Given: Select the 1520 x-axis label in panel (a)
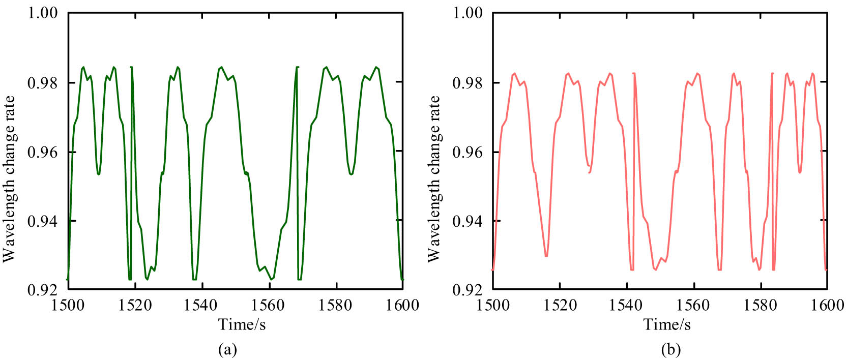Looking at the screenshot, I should pos(135,305).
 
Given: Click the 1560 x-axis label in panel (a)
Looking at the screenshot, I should pos(269,305).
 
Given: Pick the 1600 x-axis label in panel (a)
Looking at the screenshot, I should pos(402,305).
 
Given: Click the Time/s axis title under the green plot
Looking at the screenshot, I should pos(242,324).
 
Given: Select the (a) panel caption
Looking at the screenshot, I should pos(227,349).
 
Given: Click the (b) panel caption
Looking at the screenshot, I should pos(670,349).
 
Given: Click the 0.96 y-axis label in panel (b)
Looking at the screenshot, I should pos(468,152).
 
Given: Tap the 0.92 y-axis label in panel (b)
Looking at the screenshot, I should pos(468,290).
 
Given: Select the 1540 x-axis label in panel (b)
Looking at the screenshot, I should pos(627,305).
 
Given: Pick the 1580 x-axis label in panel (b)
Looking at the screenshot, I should pos(761,305).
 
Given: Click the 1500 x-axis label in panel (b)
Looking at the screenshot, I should pos(492,305).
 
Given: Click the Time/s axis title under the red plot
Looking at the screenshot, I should pos(667,324).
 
